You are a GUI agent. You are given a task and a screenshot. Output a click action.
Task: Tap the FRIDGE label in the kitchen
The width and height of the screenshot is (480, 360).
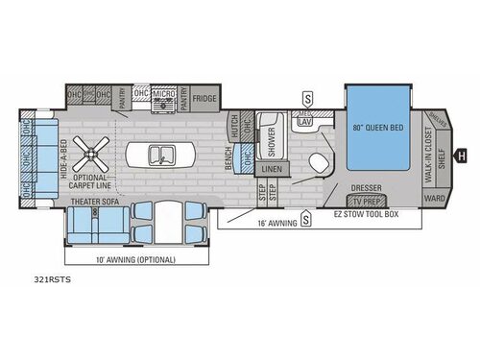[204, 97]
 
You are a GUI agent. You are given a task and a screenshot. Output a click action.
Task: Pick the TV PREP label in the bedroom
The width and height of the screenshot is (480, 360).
[365, 202]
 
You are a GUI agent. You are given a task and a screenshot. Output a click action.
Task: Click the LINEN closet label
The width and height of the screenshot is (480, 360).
[272, 168]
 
